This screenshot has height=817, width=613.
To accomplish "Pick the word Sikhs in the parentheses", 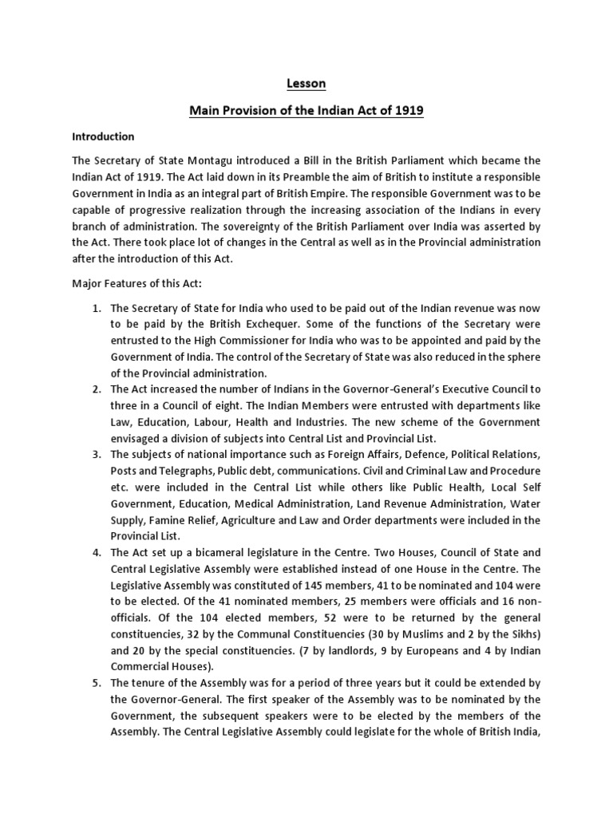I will [x=521, y=634].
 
